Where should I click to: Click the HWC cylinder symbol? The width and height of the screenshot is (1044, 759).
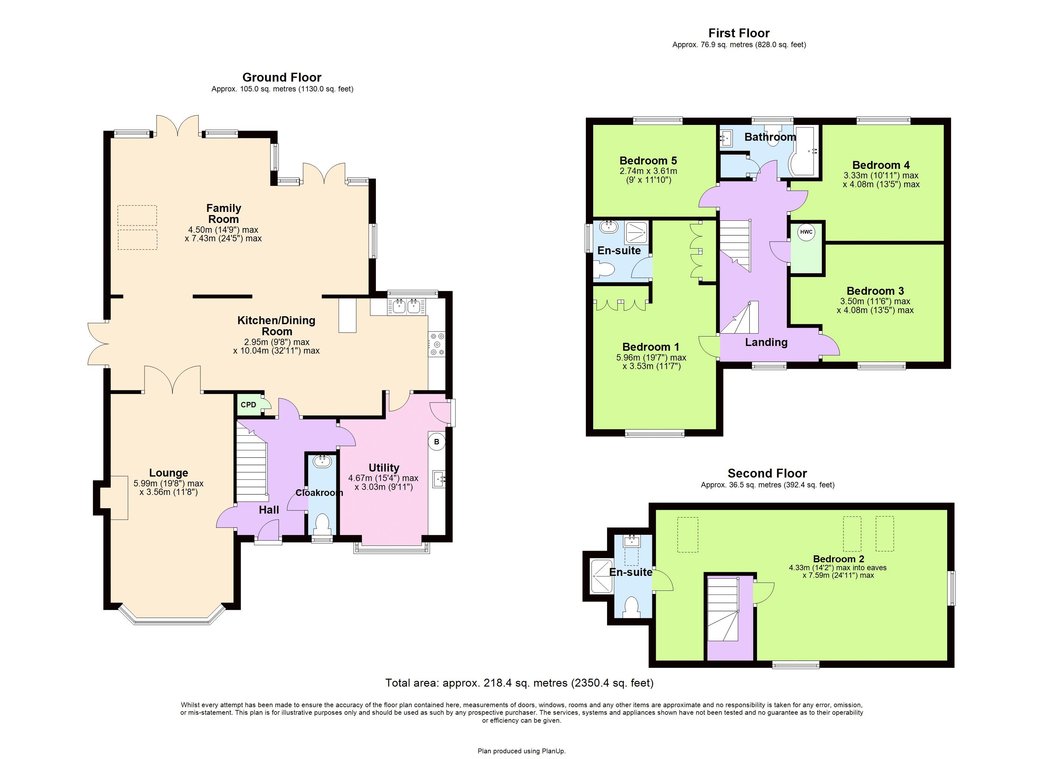click(806, 232)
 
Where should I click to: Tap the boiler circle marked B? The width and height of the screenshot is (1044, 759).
click(436, 442)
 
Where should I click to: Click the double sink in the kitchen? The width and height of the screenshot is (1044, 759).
click(407, 306)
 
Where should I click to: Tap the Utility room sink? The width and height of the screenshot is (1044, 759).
click(439, 479)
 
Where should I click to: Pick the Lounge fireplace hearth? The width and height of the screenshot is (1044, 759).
click(119, 497)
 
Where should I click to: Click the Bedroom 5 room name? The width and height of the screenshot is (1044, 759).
click(648, 161)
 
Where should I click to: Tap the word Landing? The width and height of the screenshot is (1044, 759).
click(766, 342)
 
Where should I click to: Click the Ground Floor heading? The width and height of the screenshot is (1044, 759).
click(282, 77)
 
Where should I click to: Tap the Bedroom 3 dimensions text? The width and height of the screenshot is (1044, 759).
click(875, 305)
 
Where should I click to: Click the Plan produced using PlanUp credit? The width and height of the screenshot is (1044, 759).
click(522, 751)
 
